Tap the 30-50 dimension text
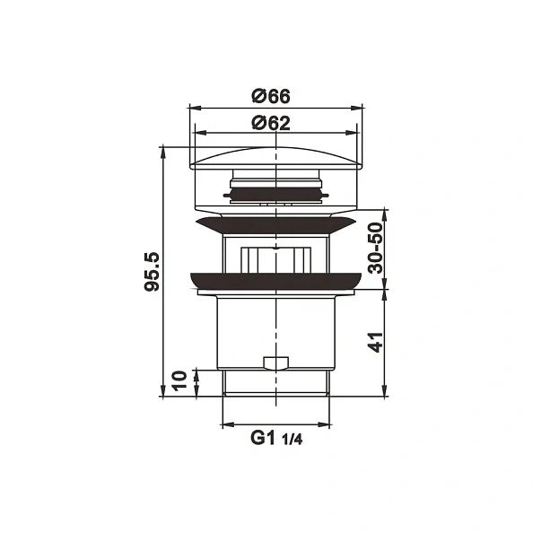click(x=374, y=249)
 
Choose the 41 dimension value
click(x=375, y=342)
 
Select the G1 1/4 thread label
click(x=276, y=439)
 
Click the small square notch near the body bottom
click(x=275, y=363)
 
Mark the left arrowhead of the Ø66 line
click(x=194, y=109)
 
